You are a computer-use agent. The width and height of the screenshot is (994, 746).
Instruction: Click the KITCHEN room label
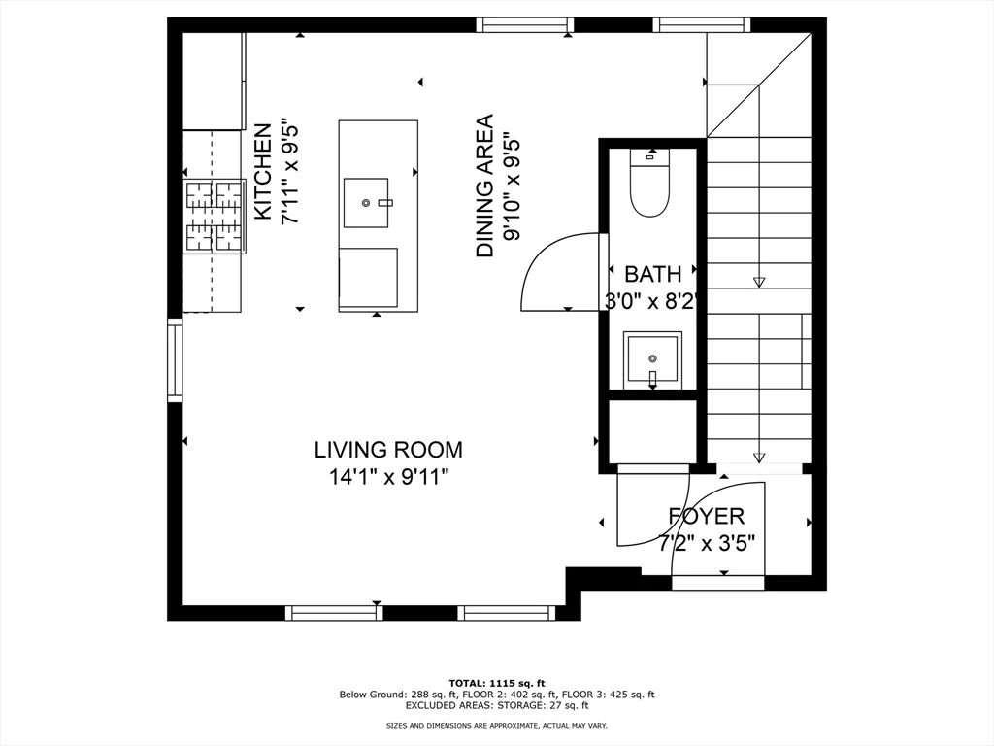(262, 172)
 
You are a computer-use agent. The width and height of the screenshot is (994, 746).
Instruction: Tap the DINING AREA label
(484, 186)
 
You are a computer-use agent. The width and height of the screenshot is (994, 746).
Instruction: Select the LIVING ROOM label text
(388, 450)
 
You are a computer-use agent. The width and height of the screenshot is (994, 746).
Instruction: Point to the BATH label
(652, 274)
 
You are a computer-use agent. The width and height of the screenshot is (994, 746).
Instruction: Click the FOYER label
(706, 516)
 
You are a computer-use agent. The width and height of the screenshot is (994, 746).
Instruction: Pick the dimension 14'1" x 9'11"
(388, 477)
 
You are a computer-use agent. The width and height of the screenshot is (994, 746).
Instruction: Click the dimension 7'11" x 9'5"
(289, 172)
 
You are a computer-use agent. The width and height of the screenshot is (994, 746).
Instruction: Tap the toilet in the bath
(649, 184)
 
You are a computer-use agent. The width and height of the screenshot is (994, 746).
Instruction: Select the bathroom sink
(652, 359)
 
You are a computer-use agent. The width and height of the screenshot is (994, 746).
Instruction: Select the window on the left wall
(175, 359)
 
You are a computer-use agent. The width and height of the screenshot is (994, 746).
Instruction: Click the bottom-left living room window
(334, 613)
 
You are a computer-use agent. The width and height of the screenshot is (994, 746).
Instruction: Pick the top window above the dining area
(525, 24)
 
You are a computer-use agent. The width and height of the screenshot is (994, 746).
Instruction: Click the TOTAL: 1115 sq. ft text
(496, 683)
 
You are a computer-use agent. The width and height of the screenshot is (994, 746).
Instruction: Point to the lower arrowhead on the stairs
(759, 458)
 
